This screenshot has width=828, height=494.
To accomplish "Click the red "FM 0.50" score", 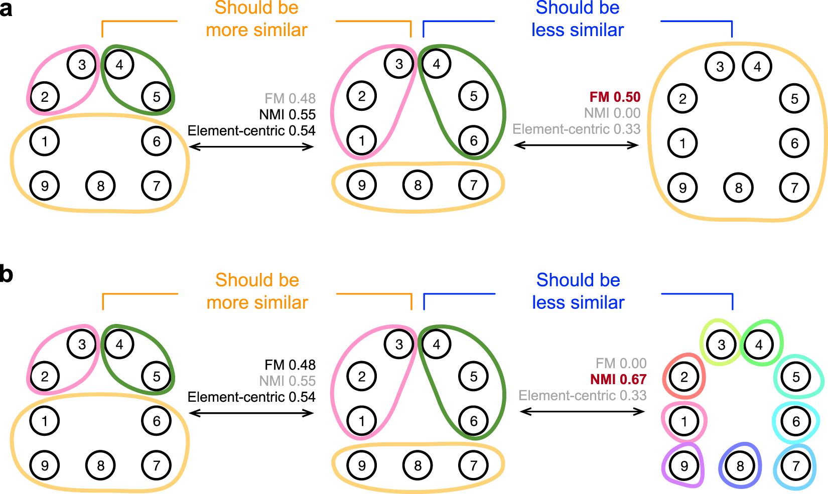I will tap(615, 97).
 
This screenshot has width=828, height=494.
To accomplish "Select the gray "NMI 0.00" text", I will tap(612, 113).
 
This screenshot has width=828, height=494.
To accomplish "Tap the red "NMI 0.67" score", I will tap(618, 379).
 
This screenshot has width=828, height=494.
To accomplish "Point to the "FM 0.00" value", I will tap(621, 363).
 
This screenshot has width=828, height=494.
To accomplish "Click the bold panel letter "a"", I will tap(6, 9).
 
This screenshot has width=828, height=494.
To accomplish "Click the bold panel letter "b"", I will tap(7, 274).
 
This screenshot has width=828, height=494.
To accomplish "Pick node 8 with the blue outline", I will tap(740, 466).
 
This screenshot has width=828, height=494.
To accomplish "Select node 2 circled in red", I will tap(684, 377).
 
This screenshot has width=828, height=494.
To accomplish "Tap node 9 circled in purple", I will tap(683, 466).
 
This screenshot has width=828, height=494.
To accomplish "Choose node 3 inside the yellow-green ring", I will tap(721, 345).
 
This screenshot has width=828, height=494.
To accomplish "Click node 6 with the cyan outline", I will tap(795, 421).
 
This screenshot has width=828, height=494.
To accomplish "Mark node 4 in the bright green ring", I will tap(758, 345).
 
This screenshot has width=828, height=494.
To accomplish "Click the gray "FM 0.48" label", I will tap(290, 98).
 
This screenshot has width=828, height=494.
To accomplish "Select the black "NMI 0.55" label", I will tap(287, 114).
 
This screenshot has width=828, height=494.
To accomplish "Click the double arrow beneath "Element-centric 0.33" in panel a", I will tap(576, 145).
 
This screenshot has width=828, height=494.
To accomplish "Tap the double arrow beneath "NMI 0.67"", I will tap(582, 412).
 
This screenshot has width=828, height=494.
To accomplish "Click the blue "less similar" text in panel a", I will tap(577, 30).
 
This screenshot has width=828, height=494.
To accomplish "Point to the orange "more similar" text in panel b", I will tap(257, 302).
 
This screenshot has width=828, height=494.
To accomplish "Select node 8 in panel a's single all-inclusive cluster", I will tap(738, 188).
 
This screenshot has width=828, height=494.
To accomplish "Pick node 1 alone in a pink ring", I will tap(683, 421).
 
